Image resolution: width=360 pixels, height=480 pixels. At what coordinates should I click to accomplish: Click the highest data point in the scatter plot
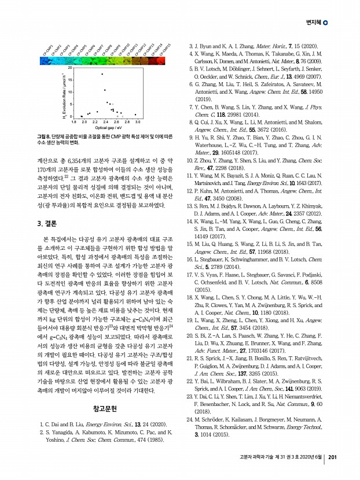click(x=102, y=74)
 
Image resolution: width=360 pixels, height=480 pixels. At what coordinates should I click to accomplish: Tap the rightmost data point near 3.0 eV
click(x=135, y=115)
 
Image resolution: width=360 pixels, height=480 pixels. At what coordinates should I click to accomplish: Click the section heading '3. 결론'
click(x=47, y=223)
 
